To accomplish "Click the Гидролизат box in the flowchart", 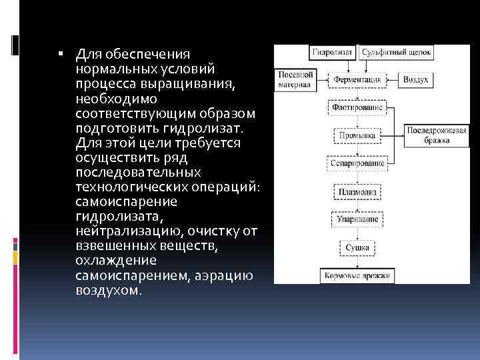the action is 334,51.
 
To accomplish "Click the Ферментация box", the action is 357,79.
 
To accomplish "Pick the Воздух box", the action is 415,79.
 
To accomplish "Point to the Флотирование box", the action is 356,107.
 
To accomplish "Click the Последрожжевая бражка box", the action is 429,135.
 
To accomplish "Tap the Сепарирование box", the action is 357,163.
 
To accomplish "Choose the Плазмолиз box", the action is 357,192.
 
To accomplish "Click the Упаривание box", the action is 357,219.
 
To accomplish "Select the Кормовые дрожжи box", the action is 356,275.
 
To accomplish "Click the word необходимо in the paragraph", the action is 113,97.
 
